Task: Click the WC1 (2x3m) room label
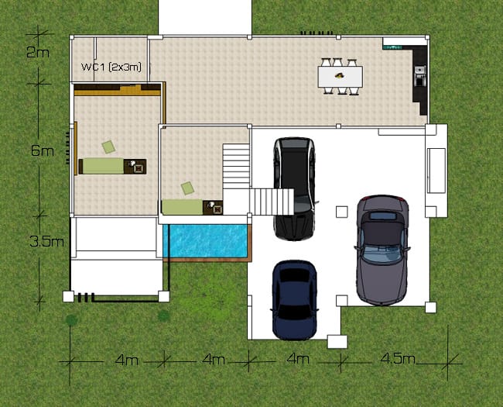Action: [111, 67]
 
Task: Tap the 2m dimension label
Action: [38, 52]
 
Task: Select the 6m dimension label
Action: [43, 150]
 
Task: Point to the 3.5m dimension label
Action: [46, 241]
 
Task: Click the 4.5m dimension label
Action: [398, 358]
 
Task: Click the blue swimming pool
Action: [205, 241]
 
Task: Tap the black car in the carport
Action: [294, 188]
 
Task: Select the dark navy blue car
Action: [295, 299]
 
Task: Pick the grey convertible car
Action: [382, 250]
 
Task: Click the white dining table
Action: [340, 76]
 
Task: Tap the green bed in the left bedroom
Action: [101, 166]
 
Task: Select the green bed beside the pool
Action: [182, 207]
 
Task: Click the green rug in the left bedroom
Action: [109, 147]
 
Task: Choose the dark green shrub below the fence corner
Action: [163, 316]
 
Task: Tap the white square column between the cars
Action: [341, 212]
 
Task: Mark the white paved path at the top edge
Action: [205, 17]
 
